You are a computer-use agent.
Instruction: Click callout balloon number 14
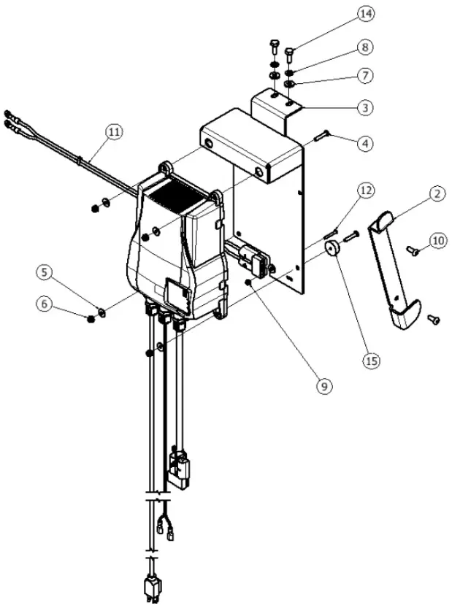365,14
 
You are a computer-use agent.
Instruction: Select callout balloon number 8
365,47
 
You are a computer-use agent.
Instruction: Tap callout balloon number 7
365,75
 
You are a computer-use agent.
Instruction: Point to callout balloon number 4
365,144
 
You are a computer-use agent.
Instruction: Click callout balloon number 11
113,132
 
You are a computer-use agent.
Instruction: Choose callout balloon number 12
365,190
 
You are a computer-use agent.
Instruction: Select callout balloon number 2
437,194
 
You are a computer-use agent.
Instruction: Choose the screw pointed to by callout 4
323,135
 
